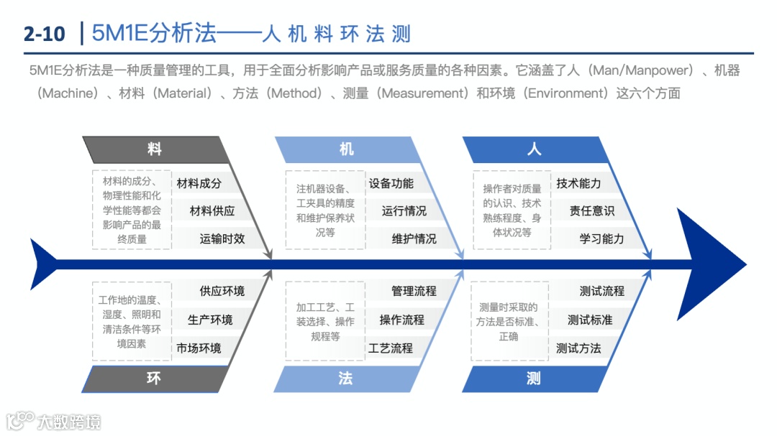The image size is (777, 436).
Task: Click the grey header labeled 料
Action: pos(155,149)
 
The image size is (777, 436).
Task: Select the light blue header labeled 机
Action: pos(347,149)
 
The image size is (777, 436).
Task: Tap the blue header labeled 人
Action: pos(534,149)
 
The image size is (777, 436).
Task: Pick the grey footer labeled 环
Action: pos(154,378)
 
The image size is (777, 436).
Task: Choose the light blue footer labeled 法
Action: pos(345,378)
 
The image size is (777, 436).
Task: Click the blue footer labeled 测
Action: pos(533,378)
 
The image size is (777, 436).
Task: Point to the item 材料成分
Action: pos(199,183)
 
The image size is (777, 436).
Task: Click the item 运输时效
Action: pos(222,238)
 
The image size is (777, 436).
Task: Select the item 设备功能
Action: pos(391,183)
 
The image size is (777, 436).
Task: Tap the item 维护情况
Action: pos(414,238)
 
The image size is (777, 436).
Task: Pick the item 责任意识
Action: pos(591,210)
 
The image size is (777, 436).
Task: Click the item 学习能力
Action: pos(601,238)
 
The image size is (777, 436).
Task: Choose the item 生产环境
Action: pos(210,320)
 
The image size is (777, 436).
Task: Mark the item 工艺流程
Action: pos(391,348)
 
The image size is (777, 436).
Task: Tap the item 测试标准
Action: pos(590,320)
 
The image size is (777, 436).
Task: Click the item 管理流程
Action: pos(414,291)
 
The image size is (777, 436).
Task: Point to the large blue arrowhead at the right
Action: pos(709,264)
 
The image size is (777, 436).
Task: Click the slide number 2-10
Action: pos(44,33)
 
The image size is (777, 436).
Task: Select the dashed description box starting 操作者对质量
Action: pos(512,210)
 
